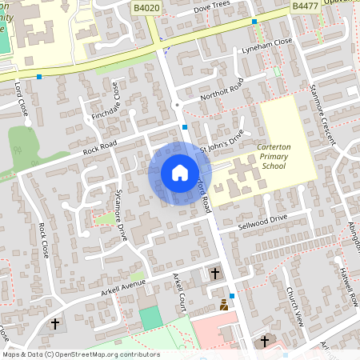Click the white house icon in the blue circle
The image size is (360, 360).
[179, 173]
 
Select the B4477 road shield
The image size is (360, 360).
[303, 6]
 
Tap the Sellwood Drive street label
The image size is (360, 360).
[262, 222]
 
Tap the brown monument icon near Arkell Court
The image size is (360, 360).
[224, 305]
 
